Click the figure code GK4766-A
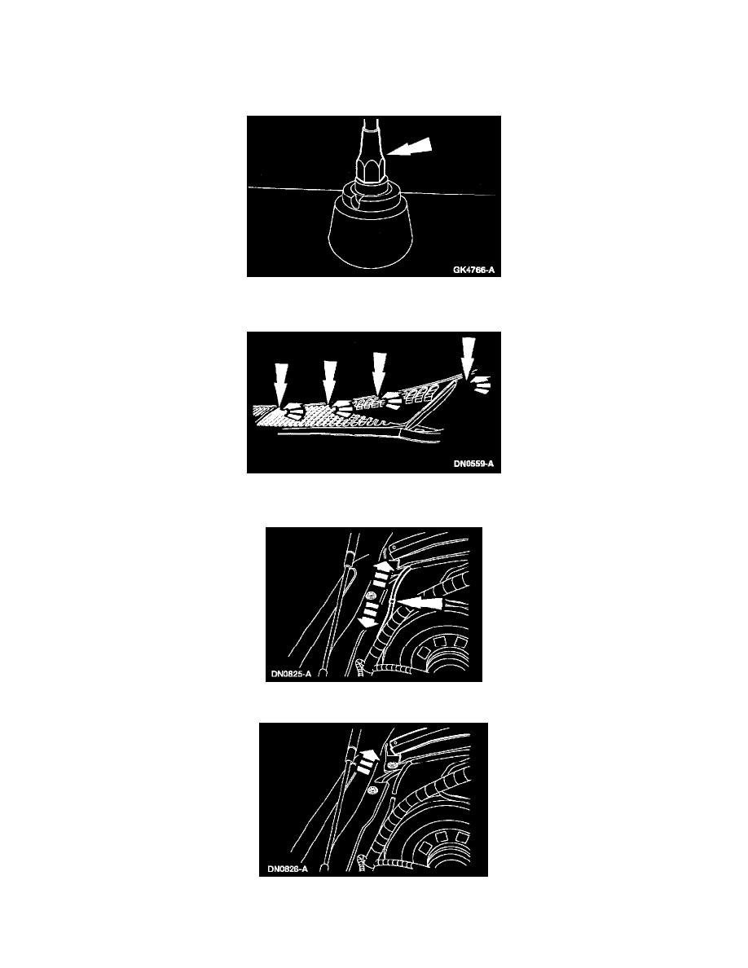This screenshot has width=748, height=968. [x=473, y=270]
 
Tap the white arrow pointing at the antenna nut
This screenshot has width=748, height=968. [x=408, y=147]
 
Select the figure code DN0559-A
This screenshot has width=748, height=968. [x=473, y=464]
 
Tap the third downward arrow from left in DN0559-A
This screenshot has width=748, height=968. [x=379, y=372]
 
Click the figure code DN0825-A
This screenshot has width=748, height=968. [x=291, y=674]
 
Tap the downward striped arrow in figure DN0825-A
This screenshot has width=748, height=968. [x=369, y=615]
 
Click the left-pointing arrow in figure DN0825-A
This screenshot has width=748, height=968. [x=420, y=602]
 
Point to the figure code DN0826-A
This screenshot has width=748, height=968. [x=288, y=869]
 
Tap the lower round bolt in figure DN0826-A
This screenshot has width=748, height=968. [x=372, y=790]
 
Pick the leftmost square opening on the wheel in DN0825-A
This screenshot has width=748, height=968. [x=424, y=652]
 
